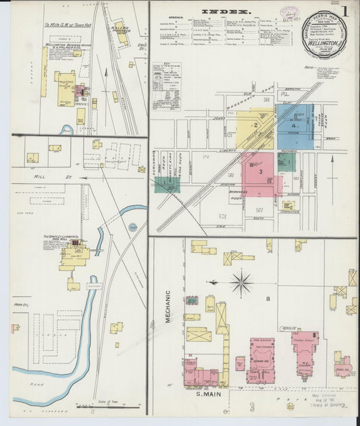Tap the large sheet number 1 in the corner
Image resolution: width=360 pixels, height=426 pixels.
pos(345,11)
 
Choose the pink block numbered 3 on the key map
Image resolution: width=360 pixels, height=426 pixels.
pos(261,172)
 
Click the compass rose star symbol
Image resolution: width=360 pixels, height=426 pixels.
pos(240,282)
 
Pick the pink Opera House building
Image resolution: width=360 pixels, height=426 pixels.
pos(260,358)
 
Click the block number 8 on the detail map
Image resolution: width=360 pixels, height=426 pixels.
pos(268,298)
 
